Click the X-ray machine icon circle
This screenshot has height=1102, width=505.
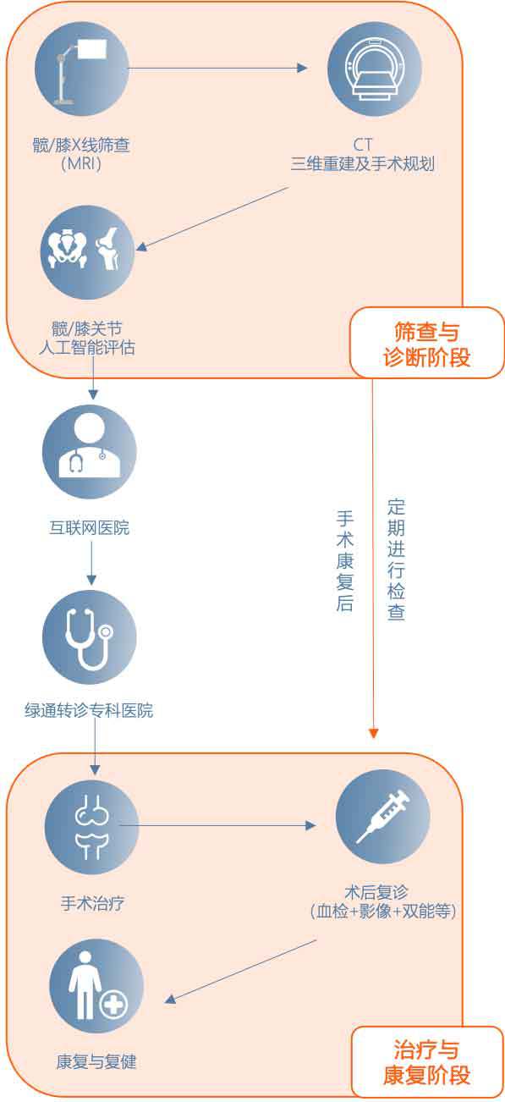point(81,69)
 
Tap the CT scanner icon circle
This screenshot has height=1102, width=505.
point(375,69)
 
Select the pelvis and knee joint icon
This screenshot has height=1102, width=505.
point(87,252)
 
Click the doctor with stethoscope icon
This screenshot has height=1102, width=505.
point(89,452)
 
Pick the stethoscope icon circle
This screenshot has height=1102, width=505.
point(89,637)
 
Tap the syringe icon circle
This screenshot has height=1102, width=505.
point(382,816)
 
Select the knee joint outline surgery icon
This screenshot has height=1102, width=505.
point(92,827)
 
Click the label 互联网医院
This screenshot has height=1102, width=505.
point(89,528)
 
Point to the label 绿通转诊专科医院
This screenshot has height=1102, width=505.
point(89,710)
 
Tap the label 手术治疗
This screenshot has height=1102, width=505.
point(92,903)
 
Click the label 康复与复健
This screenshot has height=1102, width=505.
point(96,1061)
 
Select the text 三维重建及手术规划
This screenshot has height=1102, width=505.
point(363,163)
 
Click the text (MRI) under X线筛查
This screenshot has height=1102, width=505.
point(81,163)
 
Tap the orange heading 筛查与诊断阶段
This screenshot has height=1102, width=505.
point(427,344)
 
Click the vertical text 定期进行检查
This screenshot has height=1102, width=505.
point(397,559)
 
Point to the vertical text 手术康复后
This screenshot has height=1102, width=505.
point(345,560)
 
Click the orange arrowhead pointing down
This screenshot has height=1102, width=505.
point(373,734)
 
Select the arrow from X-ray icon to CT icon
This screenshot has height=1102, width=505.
point(218,69)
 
